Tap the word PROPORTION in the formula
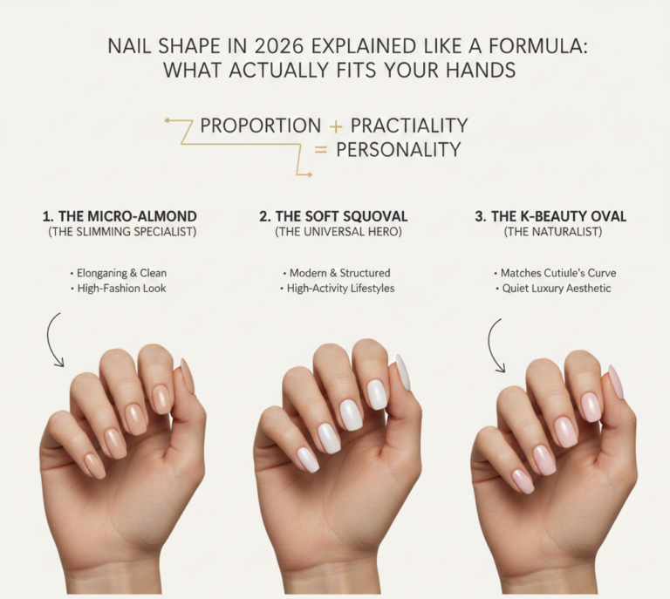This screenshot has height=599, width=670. pyautogui.click(x=261, y=126)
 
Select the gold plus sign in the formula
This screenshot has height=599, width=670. pyautogui.click(x=336, y=126)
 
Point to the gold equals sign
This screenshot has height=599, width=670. pyautogui.click(x=320, y=150)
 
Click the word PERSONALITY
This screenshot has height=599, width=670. pyautogui.click(x=398, y=150)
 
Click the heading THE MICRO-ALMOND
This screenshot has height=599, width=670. pyautogui.click(x=120, y=216)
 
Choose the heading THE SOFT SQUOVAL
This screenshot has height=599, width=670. pyautogui.click(x=333, y=216)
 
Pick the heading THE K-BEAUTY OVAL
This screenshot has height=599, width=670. pyautogui.click(x=550, y=216)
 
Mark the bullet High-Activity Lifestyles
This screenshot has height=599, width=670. pyautogui.click(x=337, y=289)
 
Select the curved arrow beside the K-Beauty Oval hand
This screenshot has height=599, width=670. pyautogui.click(x=495, y=344)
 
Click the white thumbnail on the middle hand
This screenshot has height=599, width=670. pyautogui.click(x=403, y=372)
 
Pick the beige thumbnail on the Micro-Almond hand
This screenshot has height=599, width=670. pyautogui.click(x=188, y=376)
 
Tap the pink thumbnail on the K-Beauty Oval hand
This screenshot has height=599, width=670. pyautogui.click(x=616, y=381)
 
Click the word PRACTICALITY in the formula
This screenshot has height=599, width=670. pyautogui.click(x=409, y=126)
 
